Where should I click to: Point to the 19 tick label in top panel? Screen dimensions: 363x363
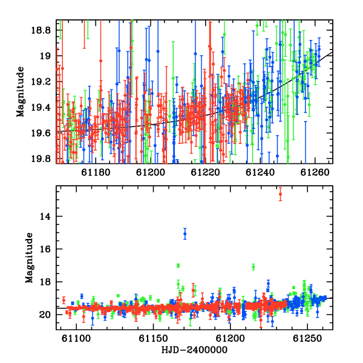(x=45, y=56)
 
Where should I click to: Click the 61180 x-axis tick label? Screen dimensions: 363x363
(x=96, y=172)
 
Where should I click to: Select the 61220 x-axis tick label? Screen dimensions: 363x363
(x=205, y=172)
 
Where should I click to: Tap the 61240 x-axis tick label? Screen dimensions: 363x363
(x=260, y=172)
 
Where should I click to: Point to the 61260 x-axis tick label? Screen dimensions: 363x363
(x=315, y=172)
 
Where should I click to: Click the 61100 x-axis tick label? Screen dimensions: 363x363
(x=76, y=338)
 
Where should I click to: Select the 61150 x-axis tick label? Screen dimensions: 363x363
(x=153, y=338)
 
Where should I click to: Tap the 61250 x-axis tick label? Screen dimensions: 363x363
(x=307, y=338)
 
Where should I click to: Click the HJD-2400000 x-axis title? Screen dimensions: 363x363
(x=194, y=350)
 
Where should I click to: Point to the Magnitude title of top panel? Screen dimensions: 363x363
(x=20, y=92)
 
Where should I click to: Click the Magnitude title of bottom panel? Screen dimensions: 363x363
(x=29, y=258)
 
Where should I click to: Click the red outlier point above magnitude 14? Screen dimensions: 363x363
(x=280, y=194)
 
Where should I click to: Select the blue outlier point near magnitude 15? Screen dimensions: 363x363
(x=185, y=234)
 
